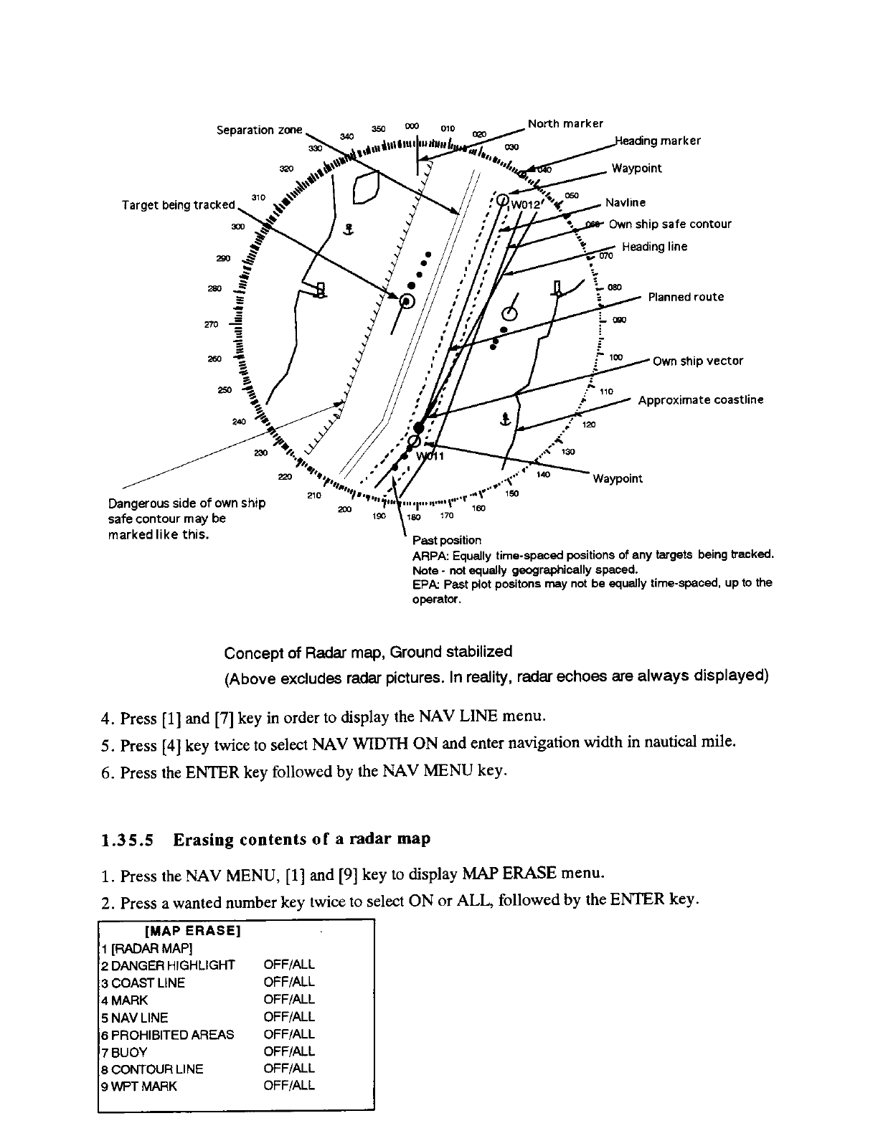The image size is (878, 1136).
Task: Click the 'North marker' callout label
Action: (565, 123)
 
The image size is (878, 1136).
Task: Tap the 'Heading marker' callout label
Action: (658, 141)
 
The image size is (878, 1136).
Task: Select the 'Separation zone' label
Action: (260, 130)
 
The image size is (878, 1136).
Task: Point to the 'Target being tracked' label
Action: (179, 205)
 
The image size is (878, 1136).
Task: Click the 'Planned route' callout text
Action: (686, 297)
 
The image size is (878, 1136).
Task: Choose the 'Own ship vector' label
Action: (698, 361)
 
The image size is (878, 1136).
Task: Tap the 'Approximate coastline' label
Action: (701, 399)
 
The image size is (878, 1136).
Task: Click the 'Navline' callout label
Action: (626, 203)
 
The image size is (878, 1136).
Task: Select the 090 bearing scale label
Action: (619, 320)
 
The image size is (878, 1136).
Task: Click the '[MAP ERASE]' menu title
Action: (192, 932)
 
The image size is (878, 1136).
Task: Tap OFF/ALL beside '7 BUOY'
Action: (289, 1051)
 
